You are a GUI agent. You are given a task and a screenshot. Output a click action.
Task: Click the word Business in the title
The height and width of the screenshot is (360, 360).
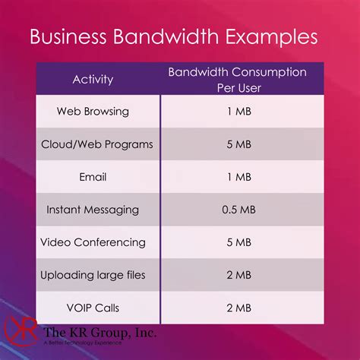[x=68, y=36]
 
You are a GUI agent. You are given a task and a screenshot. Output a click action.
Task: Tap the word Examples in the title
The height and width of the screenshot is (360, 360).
[x=271, y=37]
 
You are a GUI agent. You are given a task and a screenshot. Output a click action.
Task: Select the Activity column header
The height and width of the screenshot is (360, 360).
[x=93, y=80]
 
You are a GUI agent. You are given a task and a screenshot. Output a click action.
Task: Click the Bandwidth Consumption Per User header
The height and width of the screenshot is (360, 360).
[x=238, y=80]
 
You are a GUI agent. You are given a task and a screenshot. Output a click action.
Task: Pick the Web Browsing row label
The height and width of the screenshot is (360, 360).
[x=93, y=112]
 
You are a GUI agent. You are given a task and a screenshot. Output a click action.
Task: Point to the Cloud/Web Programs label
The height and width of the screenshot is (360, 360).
[x=97, y=144]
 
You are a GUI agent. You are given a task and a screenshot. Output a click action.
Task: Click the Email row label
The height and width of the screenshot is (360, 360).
[x=93, y=177]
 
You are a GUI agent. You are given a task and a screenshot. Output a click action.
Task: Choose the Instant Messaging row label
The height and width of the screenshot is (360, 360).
[x=93, y=210]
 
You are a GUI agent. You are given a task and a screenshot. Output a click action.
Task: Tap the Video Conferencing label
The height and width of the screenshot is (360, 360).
[x=93, y=242]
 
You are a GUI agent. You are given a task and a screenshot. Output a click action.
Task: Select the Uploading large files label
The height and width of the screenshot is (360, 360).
[x=93, y=275]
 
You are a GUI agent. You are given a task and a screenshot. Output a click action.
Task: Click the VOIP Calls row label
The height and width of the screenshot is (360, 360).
[x=93, y=308]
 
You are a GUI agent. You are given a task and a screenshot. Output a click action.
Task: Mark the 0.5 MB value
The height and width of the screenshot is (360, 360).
[x=238, y=210]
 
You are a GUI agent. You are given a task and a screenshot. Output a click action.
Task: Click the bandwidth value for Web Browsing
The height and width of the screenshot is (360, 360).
[x=239, y=112]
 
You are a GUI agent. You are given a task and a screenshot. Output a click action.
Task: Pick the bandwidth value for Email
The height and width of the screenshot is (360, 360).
[x=239, y=177]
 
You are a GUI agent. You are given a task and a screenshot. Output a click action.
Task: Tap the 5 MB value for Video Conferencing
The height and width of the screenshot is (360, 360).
[x=239, y=242]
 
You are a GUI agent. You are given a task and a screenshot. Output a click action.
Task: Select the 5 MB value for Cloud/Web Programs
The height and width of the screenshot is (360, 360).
[x=239, y=144]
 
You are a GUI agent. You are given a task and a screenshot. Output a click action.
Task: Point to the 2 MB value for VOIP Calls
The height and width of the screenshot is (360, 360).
[x=239, y=308]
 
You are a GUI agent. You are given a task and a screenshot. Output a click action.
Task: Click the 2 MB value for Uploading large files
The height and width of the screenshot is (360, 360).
[x=239, y=275]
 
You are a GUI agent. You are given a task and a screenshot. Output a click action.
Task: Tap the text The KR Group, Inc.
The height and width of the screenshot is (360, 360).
[x=99, y=333]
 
